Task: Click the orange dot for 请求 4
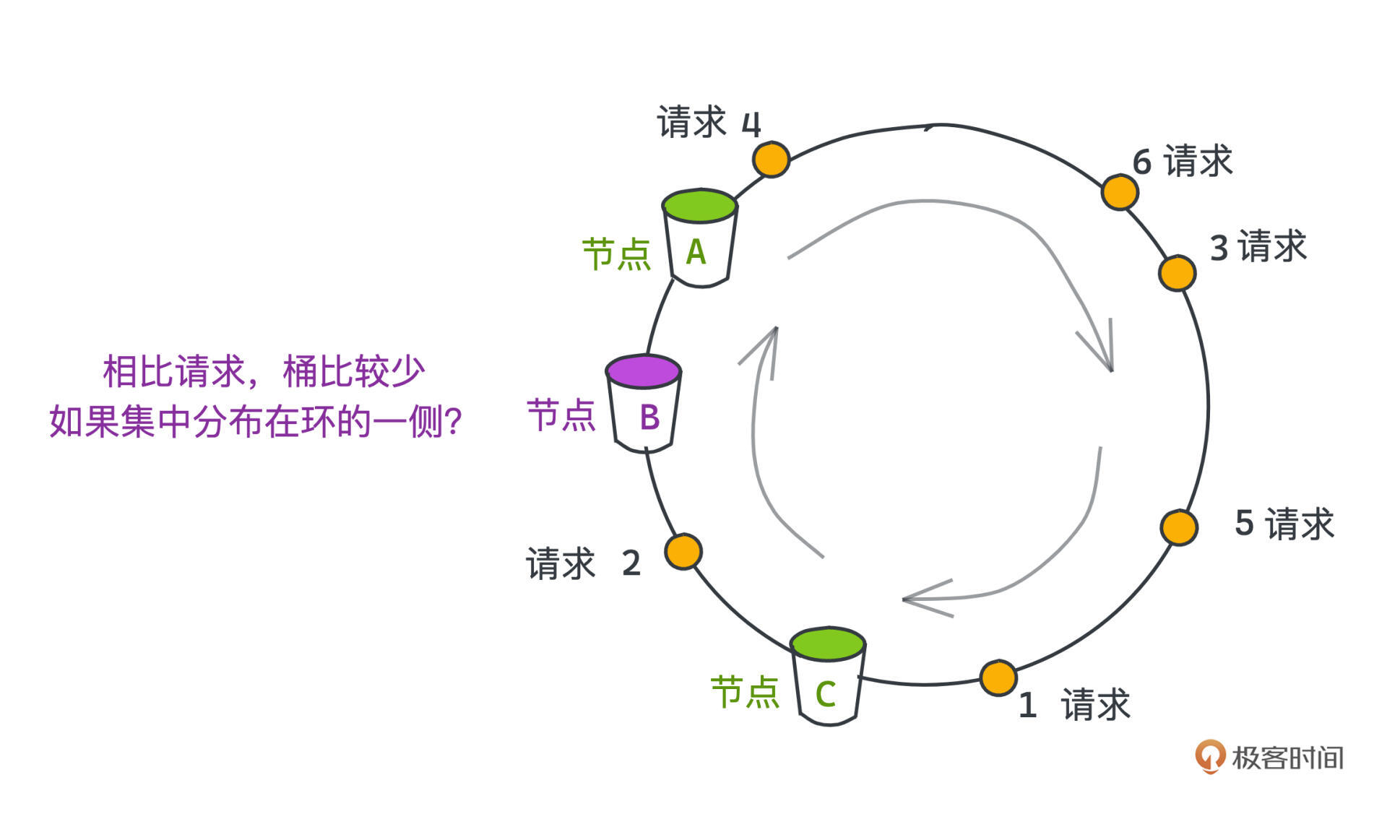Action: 771,159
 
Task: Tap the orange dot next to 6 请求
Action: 1120,192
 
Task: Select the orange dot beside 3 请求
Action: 1177,273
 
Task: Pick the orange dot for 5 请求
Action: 1179,527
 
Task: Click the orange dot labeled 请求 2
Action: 683,552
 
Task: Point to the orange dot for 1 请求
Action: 998,677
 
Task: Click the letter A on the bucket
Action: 696,252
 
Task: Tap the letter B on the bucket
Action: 649,417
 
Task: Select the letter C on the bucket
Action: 826,694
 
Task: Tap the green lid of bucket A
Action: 699,205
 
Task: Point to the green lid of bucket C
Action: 828,644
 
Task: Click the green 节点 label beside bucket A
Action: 616,254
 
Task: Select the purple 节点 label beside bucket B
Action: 561,416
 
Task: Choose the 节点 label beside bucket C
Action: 745,692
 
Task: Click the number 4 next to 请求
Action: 751,124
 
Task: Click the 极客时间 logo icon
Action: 1210,756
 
